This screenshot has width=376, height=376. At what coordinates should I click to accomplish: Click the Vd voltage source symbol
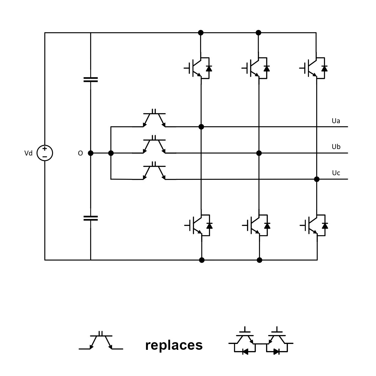[45, 153]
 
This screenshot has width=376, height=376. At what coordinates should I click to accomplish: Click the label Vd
[28, 153]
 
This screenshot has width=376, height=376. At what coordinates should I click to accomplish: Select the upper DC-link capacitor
[91, 80]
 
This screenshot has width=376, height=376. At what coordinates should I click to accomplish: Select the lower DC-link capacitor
[91, 218]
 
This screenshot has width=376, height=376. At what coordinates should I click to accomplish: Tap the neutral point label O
[80, 153]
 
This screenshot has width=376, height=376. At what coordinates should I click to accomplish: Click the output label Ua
[336, 121]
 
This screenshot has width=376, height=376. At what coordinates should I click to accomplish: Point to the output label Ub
[336, 147]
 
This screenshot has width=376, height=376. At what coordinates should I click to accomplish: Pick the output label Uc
[336, 173]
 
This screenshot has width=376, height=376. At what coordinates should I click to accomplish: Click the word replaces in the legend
[174, 345]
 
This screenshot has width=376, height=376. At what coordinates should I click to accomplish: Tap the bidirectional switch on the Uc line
[154, 171]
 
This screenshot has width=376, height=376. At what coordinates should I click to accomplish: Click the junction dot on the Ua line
[201, 127]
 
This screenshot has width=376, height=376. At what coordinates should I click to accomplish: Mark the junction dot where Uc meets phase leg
[317, 179]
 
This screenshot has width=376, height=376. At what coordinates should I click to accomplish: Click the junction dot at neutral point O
[91, 153]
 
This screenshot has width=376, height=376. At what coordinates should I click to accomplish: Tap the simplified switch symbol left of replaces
[101, 342]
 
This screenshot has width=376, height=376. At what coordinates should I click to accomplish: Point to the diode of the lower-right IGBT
[325, 226]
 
